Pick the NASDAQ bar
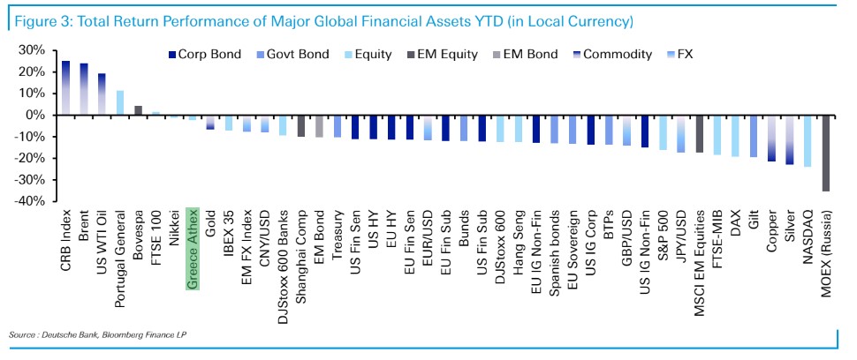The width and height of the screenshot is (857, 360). coord(807,140)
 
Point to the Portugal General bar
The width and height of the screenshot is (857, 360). coord(120,102)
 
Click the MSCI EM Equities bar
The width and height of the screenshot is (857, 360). coord(700,133)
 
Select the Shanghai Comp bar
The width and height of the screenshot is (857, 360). coord(301,125)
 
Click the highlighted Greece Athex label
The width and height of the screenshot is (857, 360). coord(193,251)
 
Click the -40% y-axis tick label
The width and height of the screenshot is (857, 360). coord(30,201)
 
